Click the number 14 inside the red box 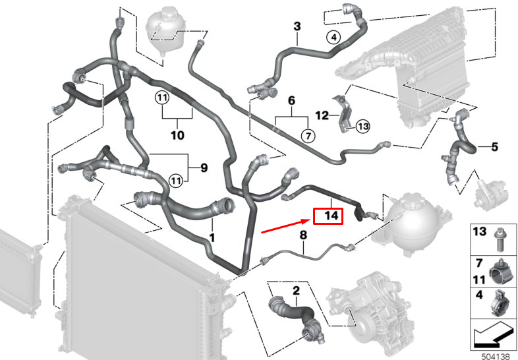pyautogui.click(x=331, y=216)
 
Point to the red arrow pyautogui.click(x=286, y=225)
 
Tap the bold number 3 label pyautogui.click(x=297, y=26)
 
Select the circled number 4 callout pyautogui.click(x=334, y=38)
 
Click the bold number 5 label pyautogui.click(x=494, y=147)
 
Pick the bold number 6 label pyautogui.click(x=291, y=100)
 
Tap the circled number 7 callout pyautogui.click(x=308, y=136)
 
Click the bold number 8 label pyautogui.click(x=303, y=235)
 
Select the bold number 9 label pyautogui.click(x=204, y=168)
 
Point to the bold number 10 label pyautogui.click(x=177, y=135)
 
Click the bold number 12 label pyautogui.click(x=322, y=115)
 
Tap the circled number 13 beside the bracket pyautogui.click(x=362, y=127)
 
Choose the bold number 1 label pyautogui.click(x=212, y=237)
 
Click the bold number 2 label pyautogui.click(x=297, y=291)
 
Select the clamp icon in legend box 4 pyautogui.click(x=496, y=303)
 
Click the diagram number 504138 pyautogui.click(x=496, y=356)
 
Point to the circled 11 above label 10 pyautogui.click(x=162, y=98)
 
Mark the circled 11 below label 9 pyautogui.click(x=175, y=181)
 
